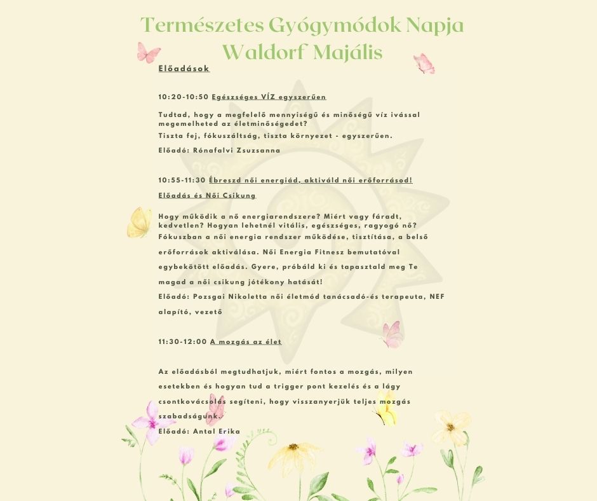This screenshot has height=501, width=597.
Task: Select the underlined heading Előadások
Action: point(184,69)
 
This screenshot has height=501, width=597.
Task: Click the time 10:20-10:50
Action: point(183,97)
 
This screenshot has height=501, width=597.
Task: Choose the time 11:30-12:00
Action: point(182,342)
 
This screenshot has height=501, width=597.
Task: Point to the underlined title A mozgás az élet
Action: point(246,342)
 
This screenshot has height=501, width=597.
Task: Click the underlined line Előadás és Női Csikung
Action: point(207,196)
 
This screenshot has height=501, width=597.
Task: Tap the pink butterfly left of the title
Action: point(149,51)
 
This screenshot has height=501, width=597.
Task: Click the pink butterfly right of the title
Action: point(424,64)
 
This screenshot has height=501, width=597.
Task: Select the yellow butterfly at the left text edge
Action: point(139,223)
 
